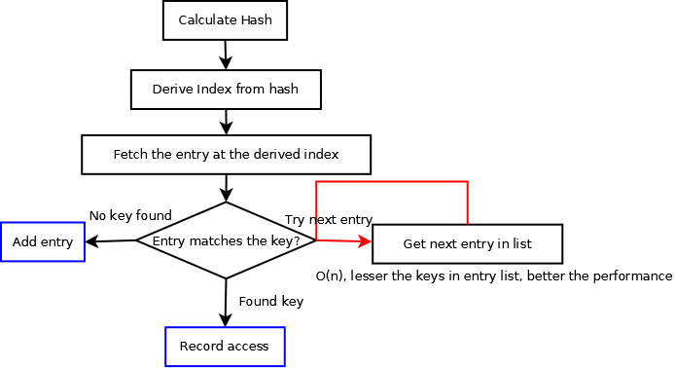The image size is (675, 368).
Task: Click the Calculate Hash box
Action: tap(225, 19)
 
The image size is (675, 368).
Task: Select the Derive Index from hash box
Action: tap(225, 90)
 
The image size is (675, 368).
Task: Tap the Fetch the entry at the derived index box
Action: tap(226, 154)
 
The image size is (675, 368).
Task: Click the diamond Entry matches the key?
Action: tap(226, 240)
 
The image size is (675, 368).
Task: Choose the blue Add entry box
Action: tap(43, 241)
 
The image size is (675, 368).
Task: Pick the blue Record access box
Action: tap(225, 347)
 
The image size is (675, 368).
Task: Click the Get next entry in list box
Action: tap(467, 243)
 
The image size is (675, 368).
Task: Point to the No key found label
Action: tap(130, 215)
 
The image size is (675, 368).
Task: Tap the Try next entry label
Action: tap(328, 220)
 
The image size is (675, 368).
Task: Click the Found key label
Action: tap(270, 302)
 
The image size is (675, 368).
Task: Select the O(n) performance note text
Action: tap(494, 276)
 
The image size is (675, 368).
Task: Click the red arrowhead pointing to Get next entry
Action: tap(365, 241)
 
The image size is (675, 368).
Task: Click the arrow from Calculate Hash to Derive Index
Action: tap(226, 55)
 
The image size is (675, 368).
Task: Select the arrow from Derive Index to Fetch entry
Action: tap(226, 122)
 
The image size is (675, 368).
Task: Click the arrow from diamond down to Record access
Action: tap(226, 302)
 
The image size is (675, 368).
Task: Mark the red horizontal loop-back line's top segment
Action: tap(392, 182)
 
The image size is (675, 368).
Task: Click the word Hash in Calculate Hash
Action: tap(256, 19)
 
